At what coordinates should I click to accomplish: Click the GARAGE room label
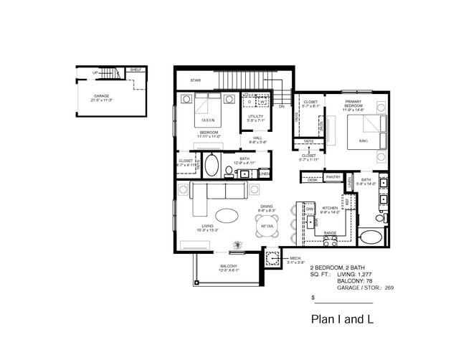pos(102,95)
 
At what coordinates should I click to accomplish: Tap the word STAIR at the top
pos(195,80)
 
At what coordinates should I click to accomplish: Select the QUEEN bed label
pos(208,120)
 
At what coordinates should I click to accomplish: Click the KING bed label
pos(363,141)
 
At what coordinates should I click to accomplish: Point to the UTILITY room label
pos(255,116)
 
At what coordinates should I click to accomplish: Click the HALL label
pos(254,138)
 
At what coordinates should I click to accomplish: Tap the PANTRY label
pos(333,176)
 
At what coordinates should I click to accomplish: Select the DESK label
pos(313,180)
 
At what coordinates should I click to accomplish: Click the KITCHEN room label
pos(329,208)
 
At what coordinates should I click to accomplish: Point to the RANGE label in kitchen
pos(330,233)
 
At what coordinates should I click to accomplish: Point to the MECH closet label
pos(295,258)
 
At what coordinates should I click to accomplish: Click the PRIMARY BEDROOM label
pos(352,104)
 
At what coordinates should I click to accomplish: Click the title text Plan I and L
pos(343,318)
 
